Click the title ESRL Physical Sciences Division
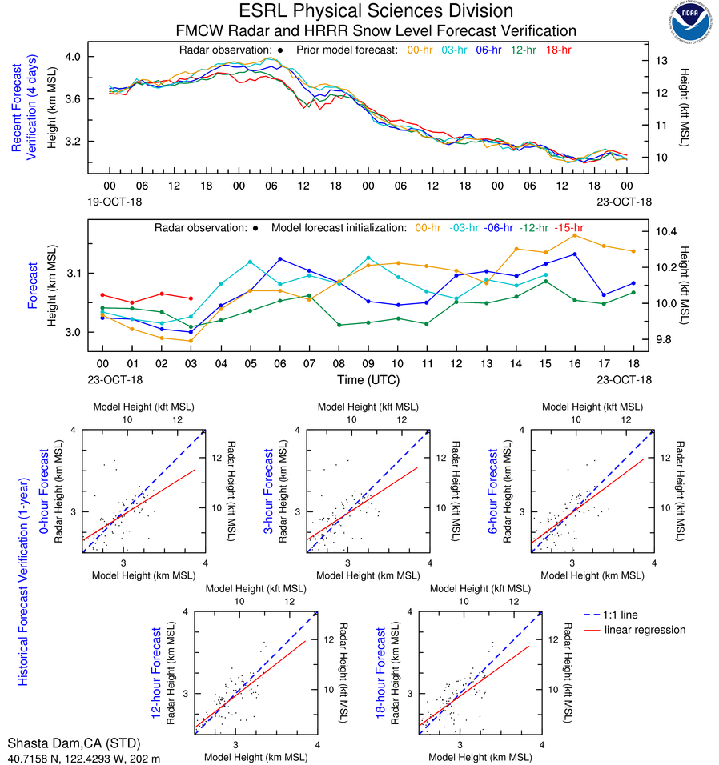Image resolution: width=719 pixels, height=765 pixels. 376,11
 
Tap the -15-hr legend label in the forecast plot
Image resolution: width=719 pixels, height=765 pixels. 570,227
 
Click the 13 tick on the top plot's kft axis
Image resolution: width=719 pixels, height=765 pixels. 662,61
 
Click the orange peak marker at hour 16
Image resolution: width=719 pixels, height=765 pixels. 574,235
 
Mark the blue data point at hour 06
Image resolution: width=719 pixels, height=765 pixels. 279,259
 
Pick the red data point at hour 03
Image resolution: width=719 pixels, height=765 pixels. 191,298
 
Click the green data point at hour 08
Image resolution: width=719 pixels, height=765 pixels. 339,325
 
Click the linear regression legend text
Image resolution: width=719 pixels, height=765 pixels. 645,630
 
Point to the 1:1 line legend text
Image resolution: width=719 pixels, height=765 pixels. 621,615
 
